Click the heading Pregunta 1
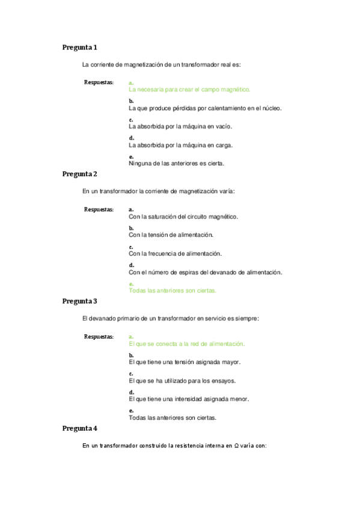coord(79,47)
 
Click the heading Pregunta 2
coord(79,174)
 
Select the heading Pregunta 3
coord(79,301)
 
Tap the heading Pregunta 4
coord(79,428)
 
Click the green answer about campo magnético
coord(189,89)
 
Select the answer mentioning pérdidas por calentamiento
coord(205,108)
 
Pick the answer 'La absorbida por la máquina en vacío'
coord(180,127)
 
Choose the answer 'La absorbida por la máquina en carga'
coord(180,145)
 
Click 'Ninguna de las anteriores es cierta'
coord(177,163)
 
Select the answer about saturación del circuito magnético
coord(183,217)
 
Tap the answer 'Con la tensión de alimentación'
coord(171,235)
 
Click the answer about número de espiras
coord(205,272)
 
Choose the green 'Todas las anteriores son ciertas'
coord(172,290)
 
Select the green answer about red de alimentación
coord(187,344)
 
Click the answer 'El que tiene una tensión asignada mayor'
coord(185,363)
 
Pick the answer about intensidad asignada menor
coord(189,399)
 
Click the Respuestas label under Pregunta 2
coord(99,209)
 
